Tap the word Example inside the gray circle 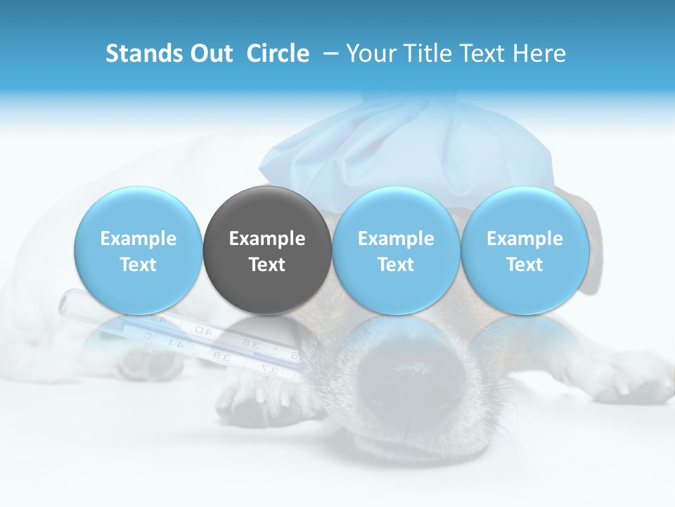267,239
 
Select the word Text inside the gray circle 267,265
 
